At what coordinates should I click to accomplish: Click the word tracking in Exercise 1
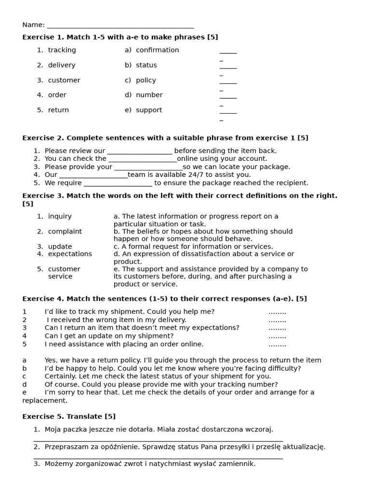coord(62,50)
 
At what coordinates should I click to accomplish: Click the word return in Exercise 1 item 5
coord(58,110)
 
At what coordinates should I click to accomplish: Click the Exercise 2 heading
coord(165,138)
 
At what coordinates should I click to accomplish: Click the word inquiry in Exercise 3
coord(60,217)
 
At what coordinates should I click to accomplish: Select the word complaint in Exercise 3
coord(65,232)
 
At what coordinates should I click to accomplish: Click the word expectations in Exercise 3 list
coord(70,254)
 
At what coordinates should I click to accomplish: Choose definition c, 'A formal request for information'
coord(193,246)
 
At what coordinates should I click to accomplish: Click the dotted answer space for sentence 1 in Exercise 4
coord(277,312)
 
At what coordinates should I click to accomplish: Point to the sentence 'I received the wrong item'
coord(116,320)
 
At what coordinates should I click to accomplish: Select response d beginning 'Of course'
coord(161,384)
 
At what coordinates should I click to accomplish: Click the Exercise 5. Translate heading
coord(69,416)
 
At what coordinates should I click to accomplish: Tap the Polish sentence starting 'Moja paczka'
coord(159,429)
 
